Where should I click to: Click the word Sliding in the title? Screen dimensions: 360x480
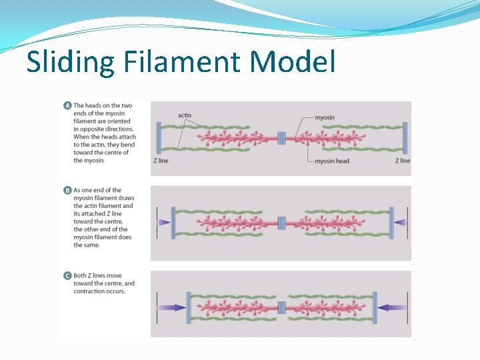[x=71, y=62]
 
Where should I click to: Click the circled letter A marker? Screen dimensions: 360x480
[x=67, y=105]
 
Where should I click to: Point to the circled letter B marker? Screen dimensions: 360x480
[x=67, y=190]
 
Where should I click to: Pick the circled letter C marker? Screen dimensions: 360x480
[x=67, y=275]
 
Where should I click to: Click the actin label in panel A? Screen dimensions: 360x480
[x=185, y=115]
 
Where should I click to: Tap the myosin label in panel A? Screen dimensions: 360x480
[x=324, y=117]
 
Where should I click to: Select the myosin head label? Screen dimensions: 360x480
[x=332, y=161]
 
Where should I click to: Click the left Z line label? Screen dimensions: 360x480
[x=160, y=161]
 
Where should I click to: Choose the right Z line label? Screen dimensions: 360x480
[x=403, y=161]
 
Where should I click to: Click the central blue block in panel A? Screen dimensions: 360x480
[x=281, y=138]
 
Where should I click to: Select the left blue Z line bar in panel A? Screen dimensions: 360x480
[x=158, y=138]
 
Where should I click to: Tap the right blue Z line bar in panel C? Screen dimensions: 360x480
[x=374, y=307]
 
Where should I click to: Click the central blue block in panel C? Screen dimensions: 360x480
[x=281, y=307]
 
